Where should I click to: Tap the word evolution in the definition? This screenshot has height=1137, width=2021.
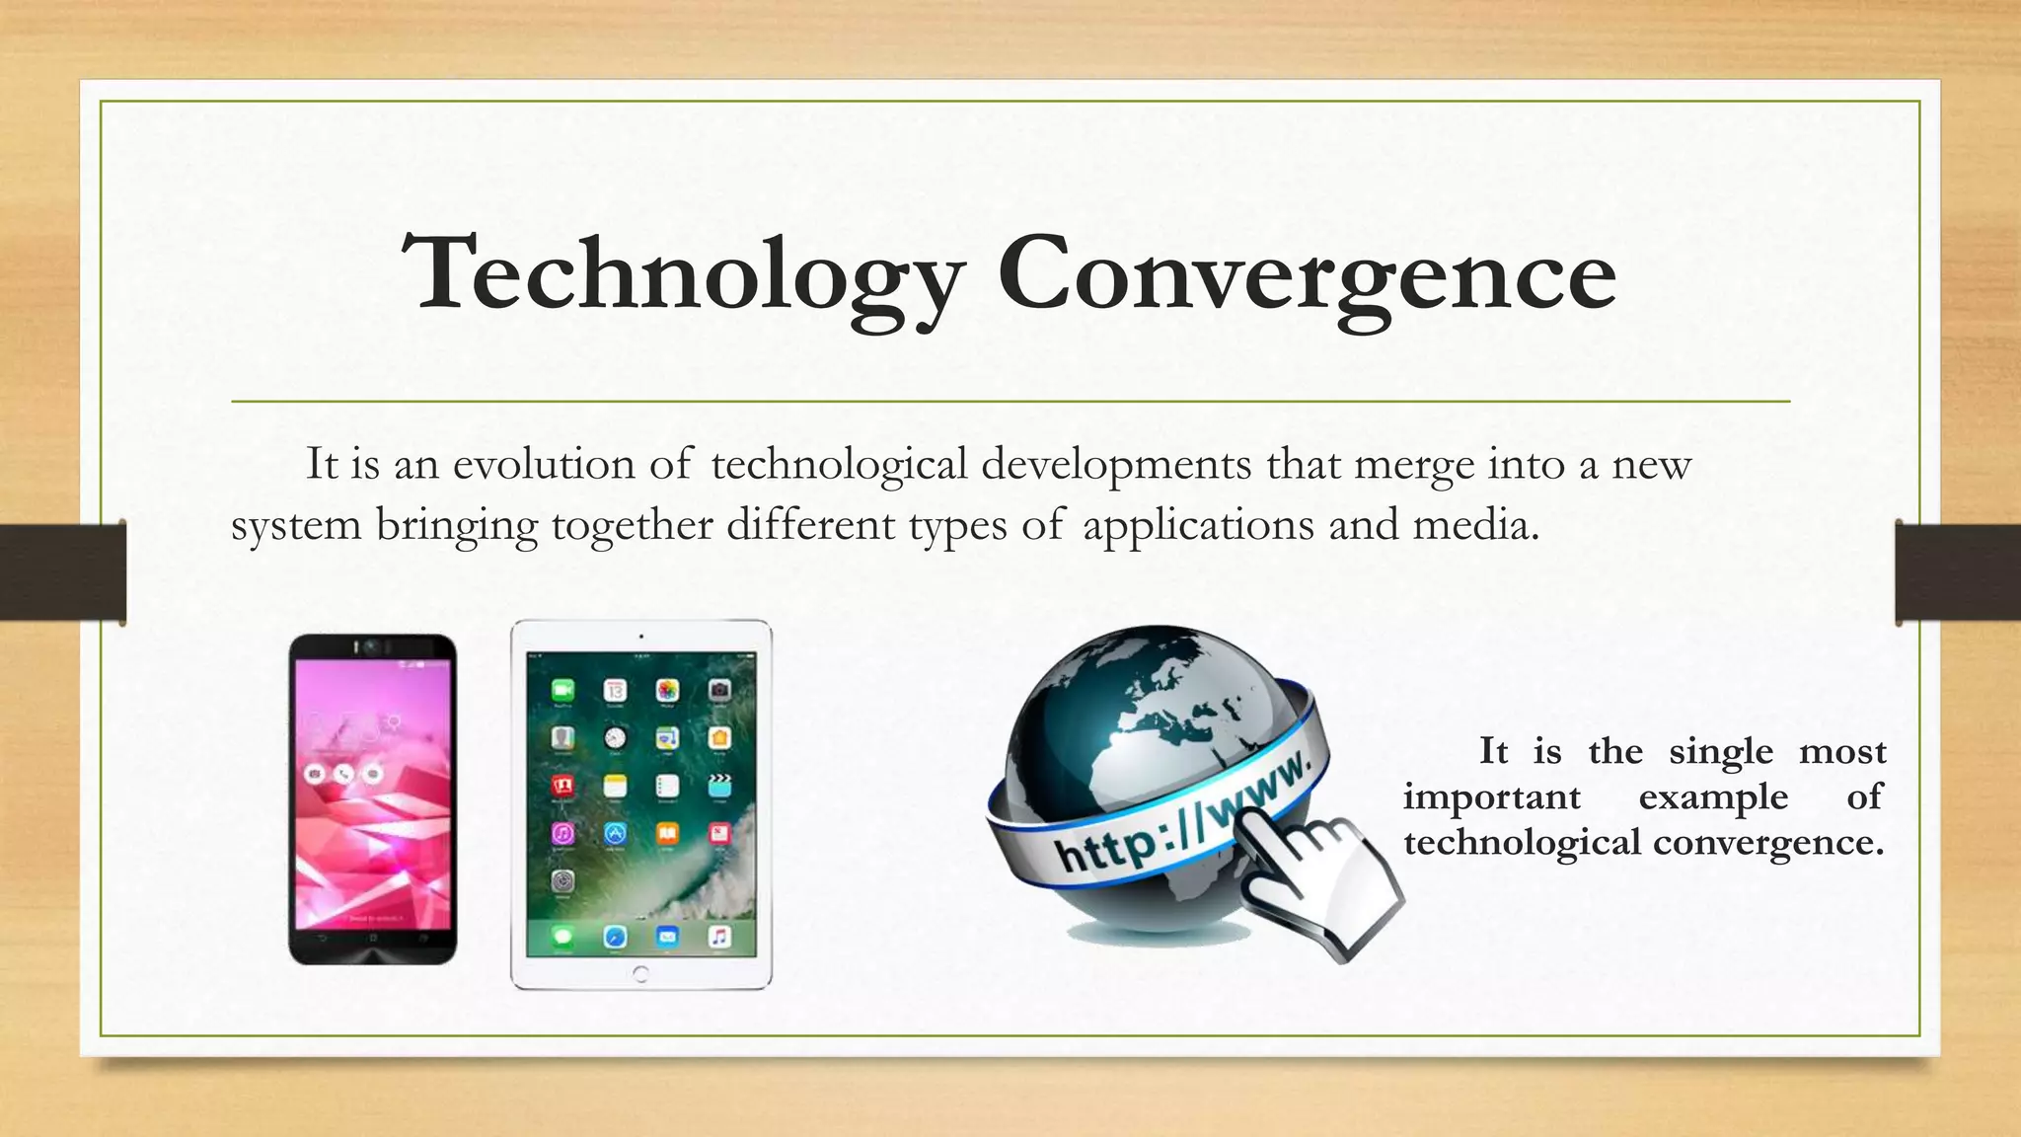543,464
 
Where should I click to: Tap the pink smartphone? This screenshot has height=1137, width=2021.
372,799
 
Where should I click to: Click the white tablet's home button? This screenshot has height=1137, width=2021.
640,975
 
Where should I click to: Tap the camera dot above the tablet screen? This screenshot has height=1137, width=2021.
640,637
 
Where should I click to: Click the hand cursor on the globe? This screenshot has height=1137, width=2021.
1317,873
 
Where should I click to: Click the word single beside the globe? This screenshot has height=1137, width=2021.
1721,753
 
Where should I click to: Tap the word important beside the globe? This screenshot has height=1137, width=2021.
1492,796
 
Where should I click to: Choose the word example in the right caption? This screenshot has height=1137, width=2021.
1713,796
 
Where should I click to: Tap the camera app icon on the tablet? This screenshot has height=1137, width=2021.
719,690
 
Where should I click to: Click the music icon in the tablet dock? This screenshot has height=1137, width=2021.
719,936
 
